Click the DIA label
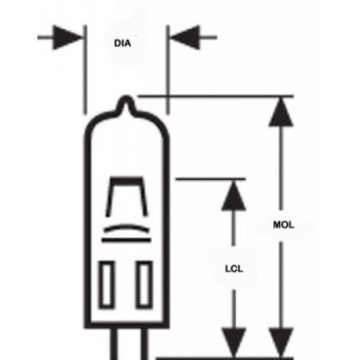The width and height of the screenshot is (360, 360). click(x=122, y=43)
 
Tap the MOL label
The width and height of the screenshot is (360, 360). click(x=284, y=225)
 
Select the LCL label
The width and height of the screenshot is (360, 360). click(x=234, y=269)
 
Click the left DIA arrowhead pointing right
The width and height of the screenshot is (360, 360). click(x=68, y=37)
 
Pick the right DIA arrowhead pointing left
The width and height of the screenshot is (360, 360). click(x=185, y=37)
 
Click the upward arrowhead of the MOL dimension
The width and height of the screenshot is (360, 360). click(x=281, y=112)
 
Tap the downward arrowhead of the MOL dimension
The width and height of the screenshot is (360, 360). click(x=281, y=343)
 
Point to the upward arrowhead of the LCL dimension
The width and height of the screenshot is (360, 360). click(x=233, y=196)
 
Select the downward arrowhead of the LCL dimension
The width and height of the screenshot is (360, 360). click(x=233, y=343)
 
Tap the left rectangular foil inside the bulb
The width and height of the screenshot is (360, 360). click(x=107, y=284)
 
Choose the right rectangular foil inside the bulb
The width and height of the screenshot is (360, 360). click(x=144, y=284)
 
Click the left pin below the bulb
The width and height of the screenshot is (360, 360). click(x=114, y=343)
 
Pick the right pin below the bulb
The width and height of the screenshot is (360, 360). click(x=144, y=343)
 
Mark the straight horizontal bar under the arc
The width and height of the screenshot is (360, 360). click(x=126, y=240)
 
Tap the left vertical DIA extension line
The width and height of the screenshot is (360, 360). click(x=85, y=70)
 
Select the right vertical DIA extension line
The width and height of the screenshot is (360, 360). click(x=168, y=70)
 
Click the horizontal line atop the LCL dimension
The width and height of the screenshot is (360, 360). click(x=211, y=179)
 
